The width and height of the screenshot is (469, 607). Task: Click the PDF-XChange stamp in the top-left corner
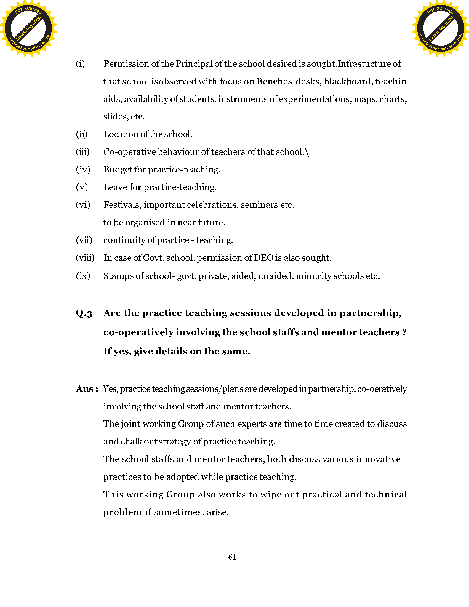coord(28,28)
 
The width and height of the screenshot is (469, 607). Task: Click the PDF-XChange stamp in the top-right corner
coord(440,28)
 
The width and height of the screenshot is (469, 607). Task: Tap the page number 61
coord(232,557)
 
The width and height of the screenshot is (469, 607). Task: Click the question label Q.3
coord(84,313)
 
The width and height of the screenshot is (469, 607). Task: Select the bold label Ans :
coord(87,389)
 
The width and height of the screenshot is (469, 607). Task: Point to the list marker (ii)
coord(82,134)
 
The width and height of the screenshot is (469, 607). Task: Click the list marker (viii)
coord(85,258)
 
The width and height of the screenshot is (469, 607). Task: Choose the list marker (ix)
coord(83,276)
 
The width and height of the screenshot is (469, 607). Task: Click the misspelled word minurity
coord(313,276)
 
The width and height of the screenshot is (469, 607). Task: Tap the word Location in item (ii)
coord(121,134)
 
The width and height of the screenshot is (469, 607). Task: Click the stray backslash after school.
coord(307,152)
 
